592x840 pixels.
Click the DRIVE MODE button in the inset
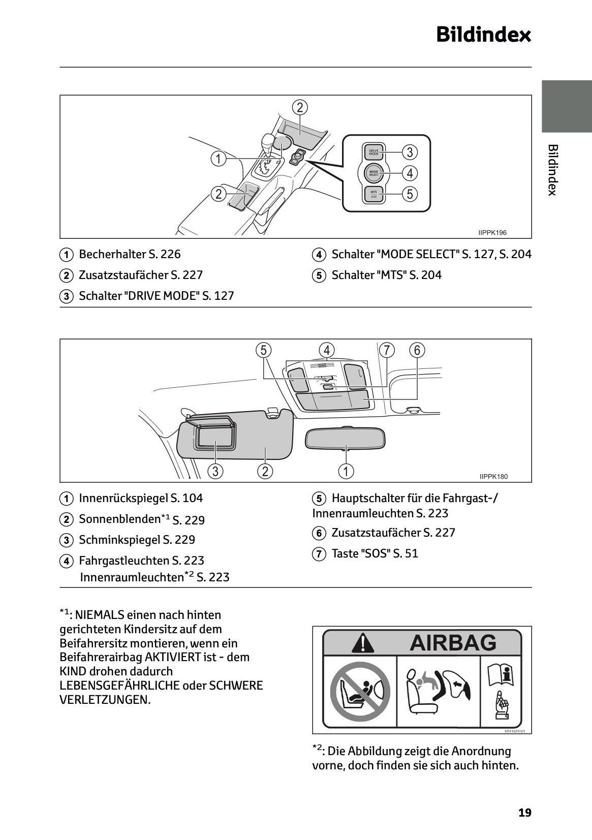(373, 152)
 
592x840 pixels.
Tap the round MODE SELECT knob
(373, 173)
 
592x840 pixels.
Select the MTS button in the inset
(373, 194)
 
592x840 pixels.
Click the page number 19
(524, 813)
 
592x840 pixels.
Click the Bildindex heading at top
(483, 35)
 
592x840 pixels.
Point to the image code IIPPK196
(492, 233)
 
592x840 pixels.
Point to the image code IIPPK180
(493, 477)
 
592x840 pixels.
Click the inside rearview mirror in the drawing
(345, 438)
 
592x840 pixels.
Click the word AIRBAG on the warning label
(453, 642)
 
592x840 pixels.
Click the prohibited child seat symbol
(360, 692)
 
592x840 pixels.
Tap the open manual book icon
(501, 675)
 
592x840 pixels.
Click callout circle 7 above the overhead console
(387, 350)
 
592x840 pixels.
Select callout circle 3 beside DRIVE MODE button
(410, 152)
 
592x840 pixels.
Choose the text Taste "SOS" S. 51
(375, 553)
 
